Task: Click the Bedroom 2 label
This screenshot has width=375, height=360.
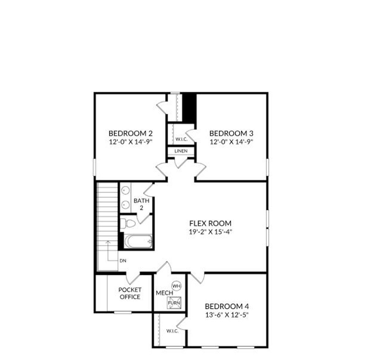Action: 130,133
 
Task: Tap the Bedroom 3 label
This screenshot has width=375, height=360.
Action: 231,133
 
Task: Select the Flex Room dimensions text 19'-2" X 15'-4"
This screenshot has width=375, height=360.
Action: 211,231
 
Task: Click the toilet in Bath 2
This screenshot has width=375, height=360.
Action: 128,223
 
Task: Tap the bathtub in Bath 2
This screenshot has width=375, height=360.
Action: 138,241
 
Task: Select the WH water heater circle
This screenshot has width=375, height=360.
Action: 177,285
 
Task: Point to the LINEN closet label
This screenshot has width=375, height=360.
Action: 181,151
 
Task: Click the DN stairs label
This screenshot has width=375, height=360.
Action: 123,261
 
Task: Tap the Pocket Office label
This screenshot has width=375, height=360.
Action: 130,293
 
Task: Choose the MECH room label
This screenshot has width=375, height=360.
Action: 162,293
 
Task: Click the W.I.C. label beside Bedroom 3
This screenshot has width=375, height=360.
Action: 181,139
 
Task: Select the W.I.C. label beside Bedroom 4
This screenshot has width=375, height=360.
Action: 172,331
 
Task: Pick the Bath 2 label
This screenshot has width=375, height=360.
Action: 141,204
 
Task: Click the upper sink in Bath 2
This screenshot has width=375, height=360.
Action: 126,190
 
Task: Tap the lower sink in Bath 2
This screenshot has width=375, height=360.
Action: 126,204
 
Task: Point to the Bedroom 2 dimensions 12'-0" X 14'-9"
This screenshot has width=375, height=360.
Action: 130,142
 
